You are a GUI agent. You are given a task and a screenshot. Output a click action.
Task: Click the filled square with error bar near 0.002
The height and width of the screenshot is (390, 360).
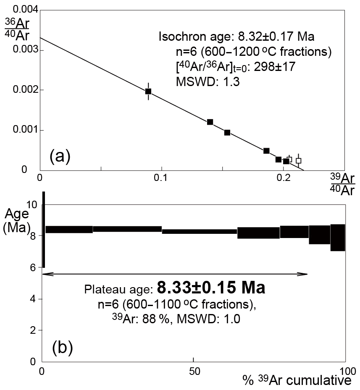(x=148, y=91)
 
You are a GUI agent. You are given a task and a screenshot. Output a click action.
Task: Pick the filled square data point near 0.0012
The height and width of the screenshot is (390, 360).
(x=210, y=122)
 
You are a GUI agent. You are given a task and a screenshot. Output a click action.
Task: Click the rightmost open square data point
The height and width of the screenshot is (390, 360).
(x=298, y=160)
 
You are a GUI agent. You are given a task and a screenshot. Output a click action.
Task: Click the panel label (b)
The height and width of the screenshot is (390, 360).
(x=63, y=347)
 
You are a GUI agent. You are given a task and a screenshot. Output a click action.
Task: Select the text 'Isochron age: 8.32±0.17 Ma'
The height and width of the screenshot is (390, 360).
(x=236, y=37)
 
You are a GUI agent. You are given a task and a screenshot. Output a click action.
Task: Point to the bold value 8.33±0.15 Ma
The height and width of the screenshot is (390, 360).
(x=211, y=288)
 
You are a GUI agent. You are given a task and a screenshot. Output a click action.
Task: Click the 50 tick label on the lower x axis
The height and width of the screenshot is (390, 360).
(x=193, y=371)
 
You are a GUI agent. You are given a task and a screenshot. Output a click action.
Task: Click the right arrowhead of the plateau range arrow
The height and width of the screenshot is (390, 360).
(x=306, y=274)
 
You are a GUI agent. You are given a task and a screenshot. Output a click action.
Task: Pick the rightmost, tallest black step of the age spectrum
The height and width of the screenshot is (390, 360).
(x=338, y=237)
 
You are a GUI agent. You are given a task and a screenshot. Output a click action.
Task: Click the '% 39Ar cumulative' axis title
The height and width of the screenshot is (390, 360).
(x=297, y=381)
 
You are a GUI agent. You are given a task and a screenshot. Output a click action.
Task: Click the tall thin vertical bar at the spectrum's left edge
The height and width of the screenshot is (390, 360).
(x=43, y=230)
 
